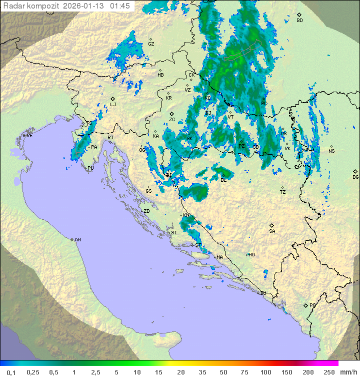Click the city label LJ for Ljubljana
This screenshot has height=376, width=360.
tap(113, 105)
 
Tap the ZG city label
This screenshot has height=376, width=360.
tap(172, 120)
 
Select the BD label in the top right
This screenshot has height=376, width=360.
tap(299, 21)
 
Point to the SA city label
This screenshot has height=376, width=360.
tap(272, 231)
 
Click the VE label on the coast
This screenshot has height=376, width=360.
tap(29, 136)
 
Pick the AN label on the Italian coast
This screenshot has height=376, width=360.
tap(77, 240)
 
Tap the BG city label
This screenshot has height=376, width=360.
tap(355, 177)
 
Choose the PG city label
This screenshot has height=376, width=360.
tap(313, 305)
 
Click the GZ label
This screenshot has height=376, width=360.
tap(151, 44)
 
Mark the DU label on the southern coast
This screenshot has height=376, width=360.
tap(263, 293)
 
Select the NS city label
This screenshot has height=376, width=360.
tap(331, 151)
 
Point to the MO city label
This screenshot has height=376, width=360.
tap(251, 254)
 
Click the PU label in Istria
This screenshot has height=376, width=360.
tap(90, 169)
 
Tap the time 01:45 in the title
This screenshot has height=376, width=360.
tap(121, 6)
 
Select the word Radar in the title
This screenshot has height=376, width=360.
tap(13, 6)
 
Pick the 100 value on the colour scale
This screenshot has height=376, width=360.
tap(265, 372)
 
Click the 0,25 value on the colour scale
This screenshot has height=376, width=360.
tap(33, 372)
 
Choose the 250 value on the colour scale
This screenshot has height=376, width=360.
tap(328, 372)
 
